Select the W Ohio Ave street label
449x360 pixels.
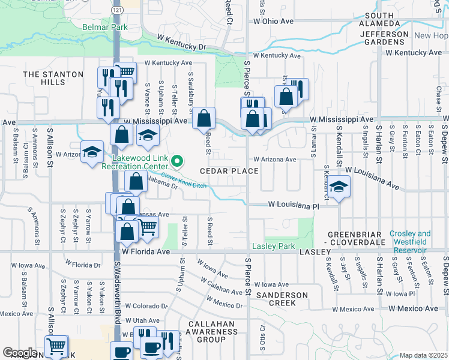(x=273, y=21)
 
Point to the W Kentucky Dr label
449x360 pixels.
(x=181, y=42)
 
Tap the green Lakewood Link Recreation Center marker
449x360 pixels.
(x=176, y=161)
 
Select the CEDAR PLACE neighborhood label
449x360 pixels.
(x=229, y=171)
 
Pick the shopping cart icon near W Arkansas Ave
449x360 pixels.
(x=148, y=226)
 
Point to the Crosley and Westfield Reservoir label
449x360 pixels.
(x=410, y=239)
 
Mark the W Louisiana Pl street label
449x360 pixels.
(x=293, y=205)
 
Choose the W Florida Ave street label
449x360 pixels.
(x=146, y=252)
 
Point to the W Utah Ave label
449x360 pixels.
(x=143, y=321)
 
